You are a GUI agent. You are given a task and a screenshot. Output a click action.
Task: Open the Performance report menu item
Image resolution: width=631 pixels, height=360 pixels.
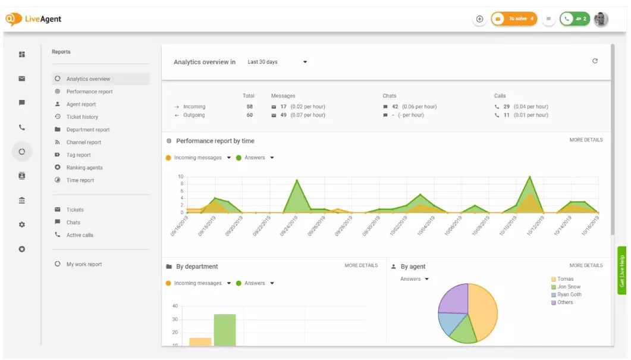click(89, 92)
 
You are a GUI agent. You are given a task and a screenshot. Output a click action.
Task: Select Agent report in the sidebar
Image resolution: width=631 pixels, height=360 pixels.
click(81, 104)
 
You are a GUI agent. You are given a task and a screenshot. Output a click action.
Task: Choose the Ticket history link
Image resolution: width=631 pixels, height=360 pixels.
click(82, 117)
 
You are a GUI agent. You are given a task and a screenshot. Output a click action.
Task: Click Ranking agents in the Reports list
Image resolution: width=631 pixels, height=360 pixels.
click(84, 168)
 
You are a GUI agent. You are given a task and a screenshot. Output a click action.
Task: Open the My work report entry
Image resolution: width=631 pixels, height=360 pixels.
click(84, 264)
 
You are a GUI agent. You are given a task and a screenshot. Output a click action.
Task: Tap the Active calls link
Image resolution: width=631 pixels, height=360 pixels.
click(80, 235)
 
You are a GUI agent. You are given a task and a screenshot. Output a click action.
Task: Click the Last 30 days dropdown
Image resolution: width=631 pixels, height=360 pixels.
click(277, 62)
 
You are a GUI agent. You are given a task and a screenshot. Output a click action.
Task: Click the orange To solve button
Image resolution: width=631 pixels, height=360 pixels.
click(514, 19)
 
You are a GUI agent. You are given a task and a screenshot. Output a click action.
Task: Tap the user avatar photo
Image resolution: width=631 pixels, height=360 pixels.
click(601, 19)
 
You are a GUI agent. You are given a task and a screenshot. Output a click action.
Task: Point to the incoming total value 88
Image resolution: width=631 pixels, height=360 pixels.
click(250, 107)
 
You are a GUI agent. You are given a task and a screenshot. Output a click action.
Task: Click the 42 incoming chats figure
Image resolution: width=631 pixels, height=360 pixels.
click(395, 107)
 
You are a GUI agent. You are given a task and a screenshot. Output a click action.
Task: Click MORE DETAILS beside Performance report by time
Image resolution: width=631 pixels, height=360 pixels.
click(586, 140)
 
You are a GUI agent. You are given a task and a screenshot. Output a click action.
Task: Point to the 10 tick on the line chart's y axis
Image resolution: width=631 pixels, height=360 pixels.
click(181, 177)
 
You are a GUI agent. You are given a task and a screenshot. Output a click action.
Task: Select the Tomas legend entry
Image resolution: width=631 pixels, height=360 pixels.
click(565, 279)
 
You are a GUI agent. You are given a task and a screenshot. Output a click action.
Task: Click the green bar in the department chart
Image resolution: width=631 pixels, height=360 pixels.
click(225, 330)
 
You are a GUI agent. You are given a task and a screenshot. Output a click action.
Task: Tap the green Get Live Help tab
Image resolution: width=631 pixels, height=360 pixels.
click(622, 271)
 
